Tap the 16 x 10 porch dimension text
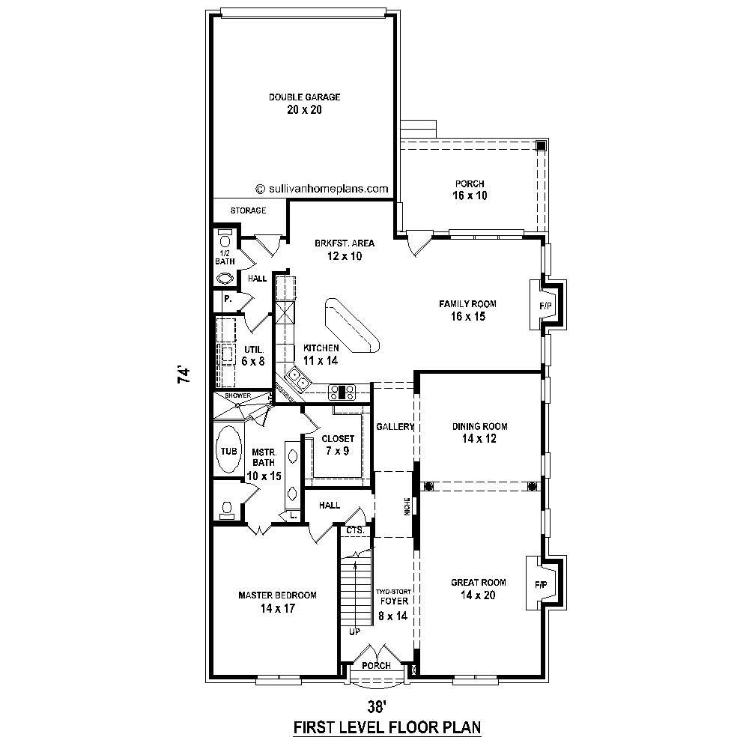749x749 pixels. tap(470, 196)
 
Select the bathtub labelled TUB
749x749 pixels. tap(228, 450)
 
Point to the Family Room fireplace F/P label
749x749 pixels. tap(545, 306)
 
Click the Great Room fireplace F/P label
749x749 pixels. tap(541, 584)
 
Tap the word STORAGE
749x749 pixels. tap(248, 210)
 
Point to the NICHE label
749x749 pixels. tap(406, 506)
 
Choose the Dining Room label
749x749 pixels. tap(479, 427)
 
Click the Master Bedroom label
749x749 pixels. tap(277, 595)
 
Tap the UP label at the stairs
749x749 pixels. tap(354, 631)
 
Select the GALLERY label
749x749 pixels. tap(395, 427)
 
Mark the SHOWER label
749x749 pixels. tap(237, 395)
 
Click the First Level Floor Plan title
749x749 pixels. tap(386, 727)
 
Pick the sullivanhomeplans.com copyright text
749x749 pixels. tap(322, 189)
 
